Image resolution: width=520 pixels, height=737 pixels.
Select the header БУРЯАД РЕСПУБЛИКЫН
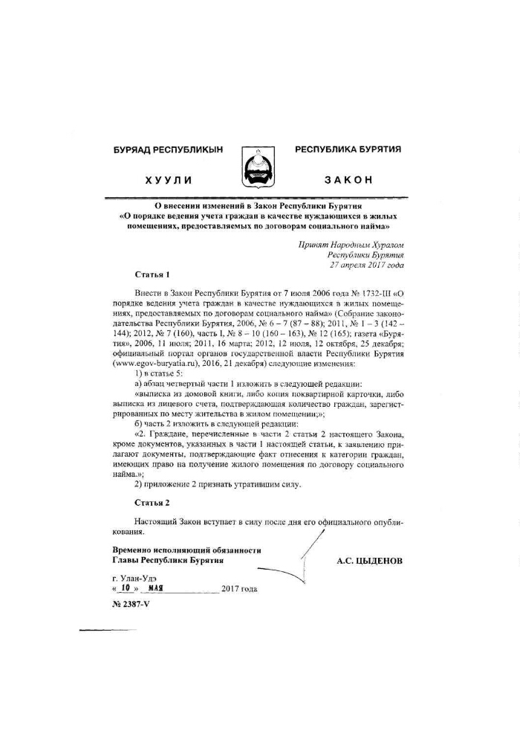pyautogui.click(x=168, y=150)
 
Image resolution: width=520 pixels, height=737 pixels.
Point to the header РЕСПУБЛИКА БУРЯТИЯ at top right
pyautogui.click(x=348, y=149)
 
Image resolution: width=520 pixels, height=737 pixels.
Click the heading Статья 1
pyautogui.click(x=153, y=274)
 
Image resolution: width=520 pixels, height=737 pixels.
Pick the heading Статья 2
pyautogui.click(x=153, y=502)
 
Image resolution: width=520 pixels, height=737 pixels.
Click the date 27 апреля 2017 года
pyautogui.click(x=366, y=264)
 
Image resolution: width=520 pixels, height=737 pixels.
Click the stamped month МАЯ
pyautogui.click(x=155, y=588)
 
